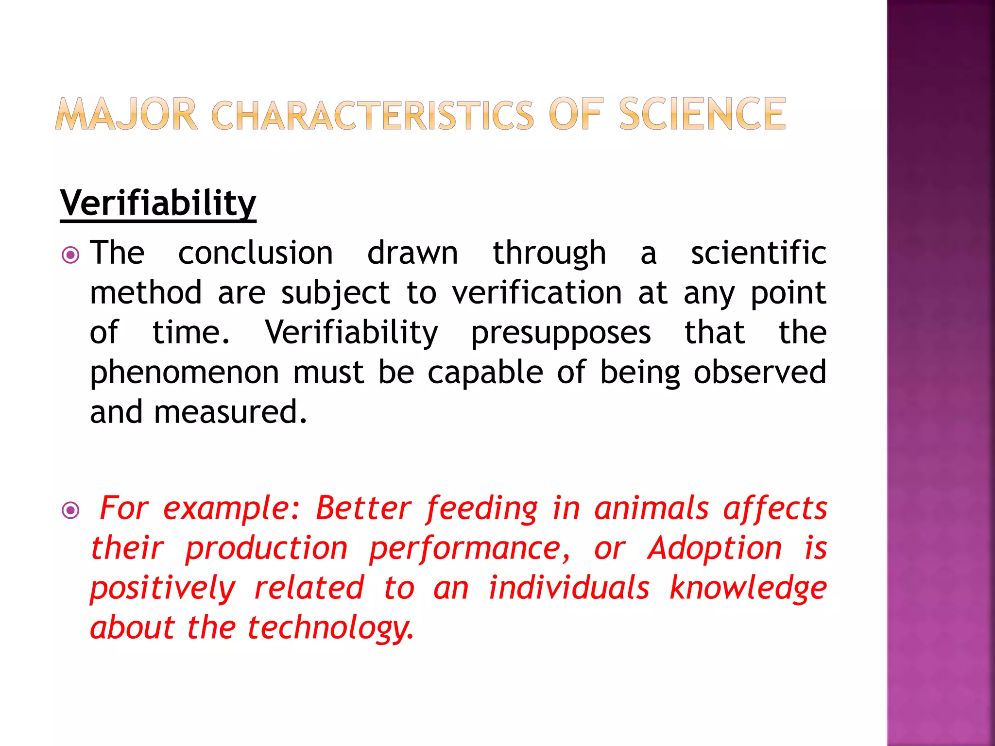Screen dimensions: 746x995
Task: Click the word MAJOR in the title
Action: (126, 115)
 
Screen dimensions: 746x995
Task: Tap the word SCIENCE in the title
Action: (702, 115)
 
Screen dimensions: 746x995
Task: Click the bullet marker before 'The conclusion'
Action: (71, 254)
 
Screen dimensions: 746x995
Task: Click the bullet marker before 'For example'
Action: (71, 510)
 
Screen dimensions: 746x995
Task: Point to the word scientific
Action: (758, 253)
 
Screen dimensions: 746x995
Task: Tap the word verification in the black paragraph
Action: (537, 293)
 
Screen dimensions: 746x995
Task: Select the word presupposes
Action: (561, 333)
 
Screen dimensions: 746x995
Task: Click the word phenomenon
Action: (185, 373)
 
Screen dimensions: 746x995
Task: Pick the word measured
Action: (230, 412)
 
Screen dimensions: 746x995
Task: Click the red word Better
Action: (363, 509)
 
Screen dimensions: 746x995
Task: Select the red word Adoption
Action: (715, 548)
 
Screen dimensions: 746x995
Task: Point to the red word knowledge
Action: (748, 589)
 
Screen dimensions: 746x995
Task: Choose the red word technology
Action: (330, 628)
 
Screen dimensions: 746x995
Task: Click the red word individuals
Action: (568, 588)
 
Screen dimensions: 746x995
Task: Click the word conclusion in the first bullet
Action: (256, 253)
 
